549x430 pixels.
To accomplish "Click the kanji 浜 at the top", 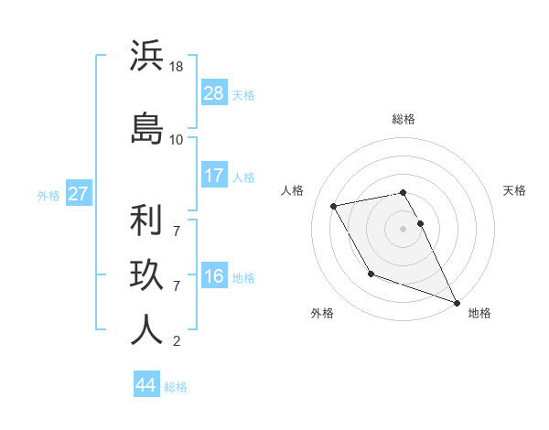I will tap(146, 57).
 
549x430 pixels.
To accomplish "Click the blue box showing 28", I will tap(214, 93).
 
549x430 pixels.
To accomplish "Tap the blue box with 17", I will tap(214, 176).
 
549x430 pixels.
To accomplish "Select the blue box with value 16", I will tap(214, 276).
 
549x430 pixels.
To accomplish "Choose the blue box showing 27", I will tap(78, 194).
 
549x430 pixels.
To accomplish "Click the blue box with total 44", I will tap(146, 385).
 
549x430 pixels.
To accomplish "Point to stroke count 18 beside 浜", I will tap(177, 68).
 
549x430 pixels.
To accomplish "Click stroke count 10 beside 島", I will tap(177, 139).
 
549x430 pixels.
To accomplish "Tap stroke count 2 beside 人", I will tap(176, 342).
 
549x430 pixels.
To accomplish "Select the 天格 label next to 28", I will tap(243, 94).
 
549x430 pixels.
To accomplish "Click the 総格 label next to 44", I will tap(176, 386).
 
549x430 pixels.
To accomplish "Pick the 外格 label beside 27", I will tap(48, 195).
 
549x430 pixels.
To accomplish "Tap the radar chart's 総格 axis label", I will tap(404, 119).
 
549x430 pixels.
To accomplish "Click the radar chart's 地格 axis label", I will tap(479, 313).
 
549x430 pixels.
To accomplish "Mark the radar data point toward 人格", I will tap(334, 207).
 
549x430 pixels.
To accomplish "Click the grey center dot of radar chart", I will tap(404, 228).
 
